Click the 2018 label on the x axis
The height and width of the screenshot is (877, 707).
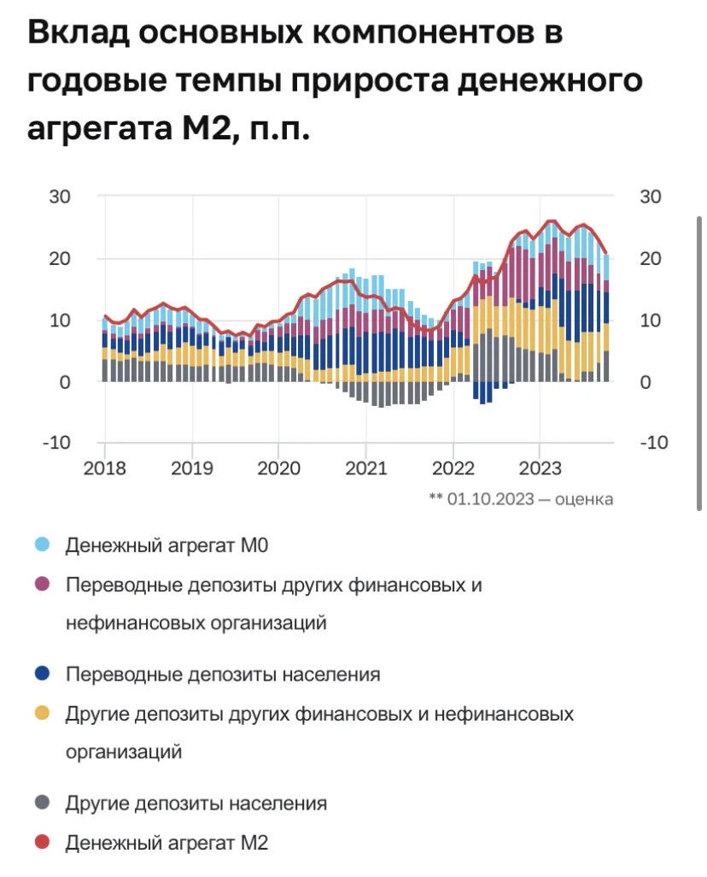(104, 468)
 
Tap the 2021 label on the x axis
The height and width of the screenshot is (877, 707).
(366, 468)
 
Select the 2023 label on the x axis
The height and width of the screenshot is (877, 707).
(540, 468)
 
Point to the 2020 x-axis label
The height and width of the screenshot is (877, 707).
(279, 468)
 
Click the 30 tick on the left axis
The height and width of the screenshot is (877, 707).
(60, 197)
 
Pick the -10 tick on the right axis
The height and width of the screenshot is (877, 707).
(654, 443)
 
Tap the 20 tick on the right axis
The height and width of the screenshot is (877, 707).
(651, 258)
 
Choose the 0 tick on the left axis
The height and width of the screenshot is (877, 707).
(65, 383)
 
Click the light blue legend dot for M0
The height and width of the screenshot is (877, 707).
(43, 544)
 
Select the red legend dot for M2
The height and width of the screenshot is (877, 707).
(43, 842)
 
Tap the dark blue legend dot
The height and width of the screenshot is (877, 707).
(43, 674)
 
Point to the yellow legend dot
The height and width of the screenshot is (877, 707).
(43, 713)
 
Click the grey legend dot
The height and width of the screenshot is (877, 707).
(43, 803)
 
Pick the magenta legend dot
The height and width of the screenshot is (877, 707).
(43, 585)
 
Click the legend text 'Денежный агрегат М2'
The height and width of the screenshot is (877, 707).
(167, 842)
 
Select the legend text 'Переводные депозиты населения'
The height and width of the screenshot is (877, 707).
(223, 674)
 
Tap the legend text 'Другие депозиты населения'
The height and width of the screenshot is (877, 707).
(196, 803)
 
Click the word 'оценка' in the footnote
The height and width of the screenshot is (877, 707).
(584, 499)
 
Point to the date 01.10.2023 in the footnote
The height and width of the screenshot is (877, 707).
(491, 499)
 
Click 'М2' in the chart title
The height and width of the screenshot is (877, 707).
(207, 128)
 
